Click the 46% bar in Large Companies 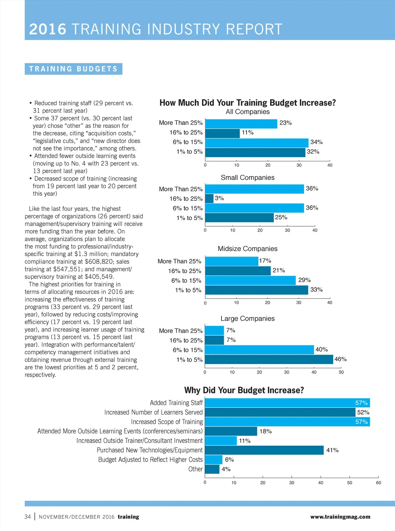point(269,359)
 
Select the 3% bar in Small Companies point(209,198)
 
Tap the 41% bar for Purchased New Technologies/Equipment point(264,450)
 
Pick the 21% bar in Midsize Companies point(238,271)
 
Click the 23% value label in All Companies point(285,123)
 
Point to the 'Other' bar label point(195,469)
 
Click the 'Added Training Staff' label point(176,403)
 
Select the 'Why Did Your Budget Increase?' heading point(244,390)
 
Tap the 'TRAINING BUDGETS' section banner point(73,69)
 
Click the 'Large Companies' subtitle point(248,318)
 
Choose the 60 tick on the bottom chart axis point(378,483)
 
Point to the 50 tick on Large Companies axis point(341,372)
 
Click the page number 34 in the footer point(28,517)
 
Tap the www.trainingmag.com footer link point(340,517)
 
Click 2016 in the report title point(48,29)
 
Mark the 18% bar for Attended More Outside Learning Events point(231,431)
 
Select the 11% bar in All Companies point(222,133)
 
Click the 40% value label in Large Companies point(322,350)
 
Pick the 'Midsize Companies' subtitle point(248,249)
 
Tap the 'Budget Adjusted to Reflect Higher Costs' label point(150,460)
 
